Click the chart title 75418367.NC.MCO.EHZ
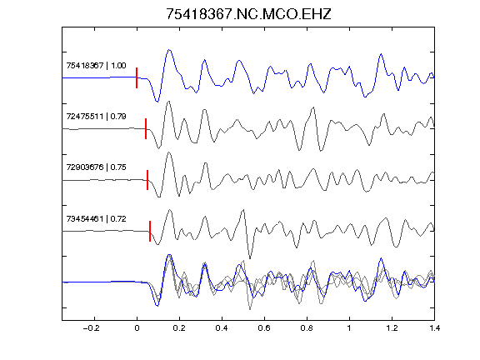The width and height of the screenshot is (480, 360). (248, 14)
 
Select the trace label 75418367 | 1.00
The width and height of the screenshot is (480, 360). (96, 66)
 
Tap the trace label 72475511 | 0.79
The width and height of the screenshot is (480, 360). (96, 117)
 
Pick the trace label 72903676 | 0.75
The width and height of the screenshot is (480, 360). (96, 167)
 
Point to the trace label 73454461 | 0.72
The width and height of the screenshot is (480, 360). (96, 219)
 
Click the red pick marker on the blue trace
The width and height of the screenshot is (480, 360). (137, 77)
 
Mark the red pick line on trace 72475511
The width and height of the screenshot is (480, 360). (146, 128)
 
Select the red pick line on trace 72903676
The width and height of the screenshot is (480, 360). (147, 180)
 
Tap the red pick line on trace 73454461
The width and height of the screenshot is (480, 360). (150, 231)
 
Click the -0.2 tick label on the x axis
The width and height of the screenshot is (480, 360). (92, 328)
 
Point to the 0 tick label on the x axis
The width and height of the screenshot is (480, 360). (137, 328)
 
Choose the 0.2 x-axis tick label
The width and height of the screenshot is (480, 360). (179, 328)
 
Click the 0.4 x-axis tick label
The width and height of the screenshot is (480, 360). (222, 328)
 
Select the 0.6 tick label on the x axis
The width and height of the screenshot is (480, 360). (264, 328)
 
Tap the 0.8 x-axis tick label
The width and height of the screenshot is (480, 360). (307, 328)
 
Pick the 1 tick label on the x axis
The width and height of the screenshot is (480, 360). (349, 328)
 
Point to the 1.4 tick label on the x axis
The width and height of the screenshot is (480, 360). (434, 328)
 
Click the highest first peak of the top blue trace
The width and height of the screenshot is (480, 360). (169, 50)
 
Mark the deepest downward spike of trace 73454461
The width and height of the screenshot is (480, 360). (250, 258)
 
